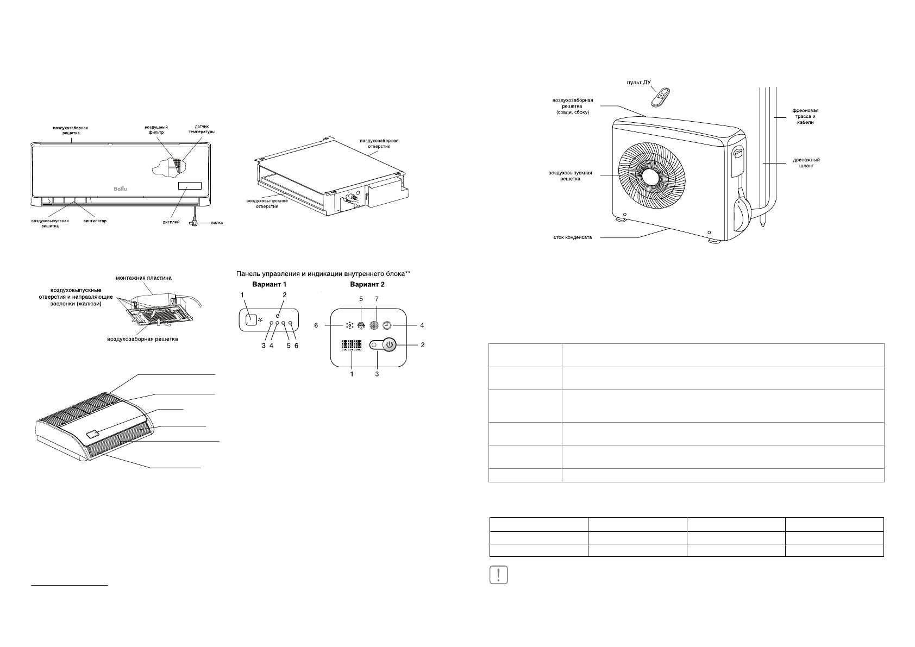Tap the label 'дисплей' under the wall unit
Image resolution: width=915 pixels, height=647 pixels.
(x=171, y=222)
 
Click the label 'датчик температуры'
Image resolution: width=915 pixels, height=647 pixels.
(x=202, y=129)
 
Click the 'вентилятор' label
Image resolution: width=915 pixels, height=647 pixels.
(x=95, y=222)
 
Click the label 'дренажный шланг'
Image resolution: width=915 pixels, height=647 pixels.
(x=806, y=163)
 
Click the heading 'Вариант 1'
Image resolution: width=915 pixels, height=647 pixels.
(x=268, y=284)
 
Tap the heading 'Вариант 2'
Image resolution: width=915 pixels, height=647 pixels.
(x=368, y=284)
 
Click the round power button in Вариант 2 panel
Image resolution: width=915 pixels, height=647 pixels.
(x=388, y=344)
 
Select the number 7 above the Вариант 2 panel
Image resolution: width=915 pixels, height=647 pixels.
(x=376, y=299)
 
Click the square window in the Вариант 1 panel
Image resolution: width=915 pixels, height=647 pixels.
(x=250, y=320)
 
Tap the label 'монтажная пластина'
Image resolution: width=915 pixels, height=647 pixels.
(x=143, y=278)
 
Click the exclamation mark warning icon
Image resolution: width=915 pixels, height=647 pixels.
(x=498, y=575)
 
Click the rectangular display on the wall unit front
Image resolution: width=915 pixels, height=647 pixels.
(x=189, y=186)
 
